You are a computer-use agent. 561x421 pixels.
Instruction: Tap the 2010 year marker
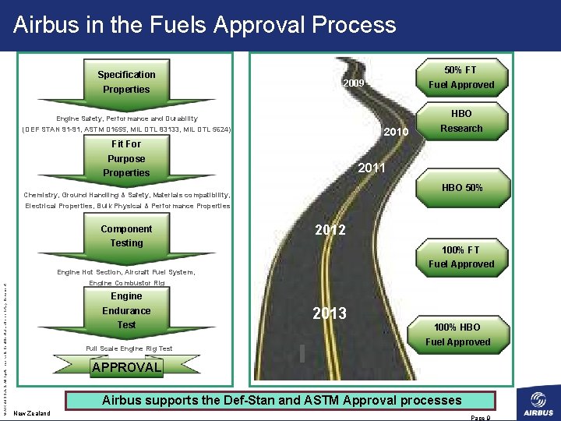[397, 133]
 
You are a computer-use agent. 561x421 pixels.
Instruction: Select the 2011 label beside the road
[372, 168]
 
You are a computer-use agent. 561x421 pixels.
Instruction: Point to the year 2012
[330, 230]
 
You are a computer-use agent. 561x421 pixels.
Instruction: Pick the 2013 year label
[330, 313]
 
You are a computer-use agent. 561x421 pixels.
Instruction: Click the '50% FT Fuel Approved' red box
[460, 77]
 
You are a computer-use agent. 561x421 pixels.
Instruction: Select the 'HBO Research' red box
[461, 121]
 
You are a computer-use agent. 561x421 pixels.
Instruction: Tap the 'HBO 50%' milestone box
[462, 188]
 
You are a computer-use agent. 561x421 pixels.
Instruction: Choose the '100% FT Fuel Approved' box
[461, 256]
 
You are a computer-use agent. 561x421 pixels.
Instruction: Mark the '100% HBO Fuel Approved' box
[457, 334]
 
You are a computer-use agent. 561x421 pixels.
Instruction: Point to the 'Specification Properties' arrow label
[126, 82]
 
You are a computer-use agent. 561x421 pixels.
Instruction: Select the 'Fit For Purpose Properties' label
[126, 158]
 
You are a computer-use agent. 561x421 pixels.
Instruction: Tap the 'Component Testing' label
[126, 236]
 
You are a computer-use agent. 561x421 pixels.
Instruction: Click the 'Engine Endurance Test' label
[126, 310]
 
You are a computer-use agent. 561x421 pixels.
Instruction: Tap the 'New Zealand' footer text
[32, 413]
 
